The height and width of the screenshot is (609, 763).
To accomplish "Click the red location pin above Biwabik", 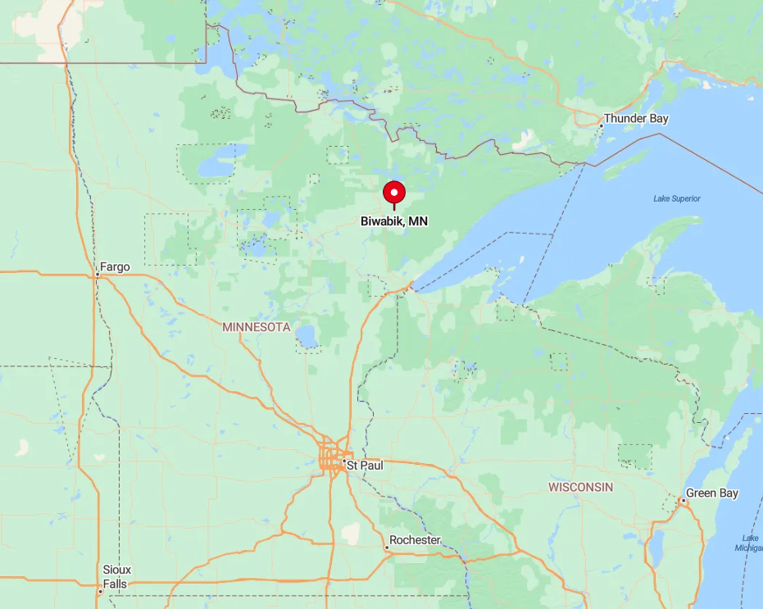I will (394, 193).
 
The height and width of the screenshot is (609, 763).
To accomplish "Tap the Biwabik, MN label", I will (394, 221).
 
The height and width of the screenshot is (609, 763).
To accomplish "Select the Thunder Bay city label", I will (636, 119).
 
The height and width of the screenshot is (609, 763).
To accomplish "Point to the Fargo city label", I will (114, 266).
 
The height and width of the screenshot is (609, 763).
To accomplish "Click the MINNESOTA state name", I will (257, 327).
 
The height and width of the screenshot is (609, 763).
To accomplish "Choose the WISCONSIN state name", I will (580, 487).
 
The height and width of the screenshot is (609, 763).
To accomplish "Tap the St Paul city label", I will (364, 466).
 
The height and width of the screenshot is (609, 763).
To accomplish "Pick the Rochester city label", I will (415, 540).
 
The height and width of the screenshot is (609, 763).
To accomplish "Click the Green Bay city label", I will (712, 493).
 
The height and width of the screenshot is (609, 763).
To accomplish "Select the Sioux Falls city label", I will (117, 576).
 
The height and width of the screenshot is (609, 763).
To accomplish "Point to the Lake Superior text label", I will (677, 198).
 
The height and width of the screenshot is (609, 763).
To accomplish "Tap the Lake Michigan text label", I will (750, 543).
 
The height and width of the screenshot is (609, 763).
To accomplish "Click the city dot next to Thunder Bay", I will (601, 125).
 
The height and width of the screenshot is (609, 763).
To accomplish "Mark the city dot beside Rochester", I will (387, 548).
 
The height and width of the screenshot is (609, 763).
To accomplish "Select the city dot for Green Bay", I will (682, 500).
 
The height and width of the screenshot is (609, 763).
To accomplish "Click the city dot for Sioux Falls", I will (100, 591).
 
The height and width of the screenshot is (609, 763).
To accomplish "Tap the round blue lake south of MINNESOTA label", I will (307, 336).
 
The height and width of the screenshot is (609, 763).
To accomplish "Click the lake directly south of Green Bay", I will (656, 549).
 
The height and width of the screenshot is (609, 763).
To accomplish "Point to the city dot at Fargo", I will (96, 276).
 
